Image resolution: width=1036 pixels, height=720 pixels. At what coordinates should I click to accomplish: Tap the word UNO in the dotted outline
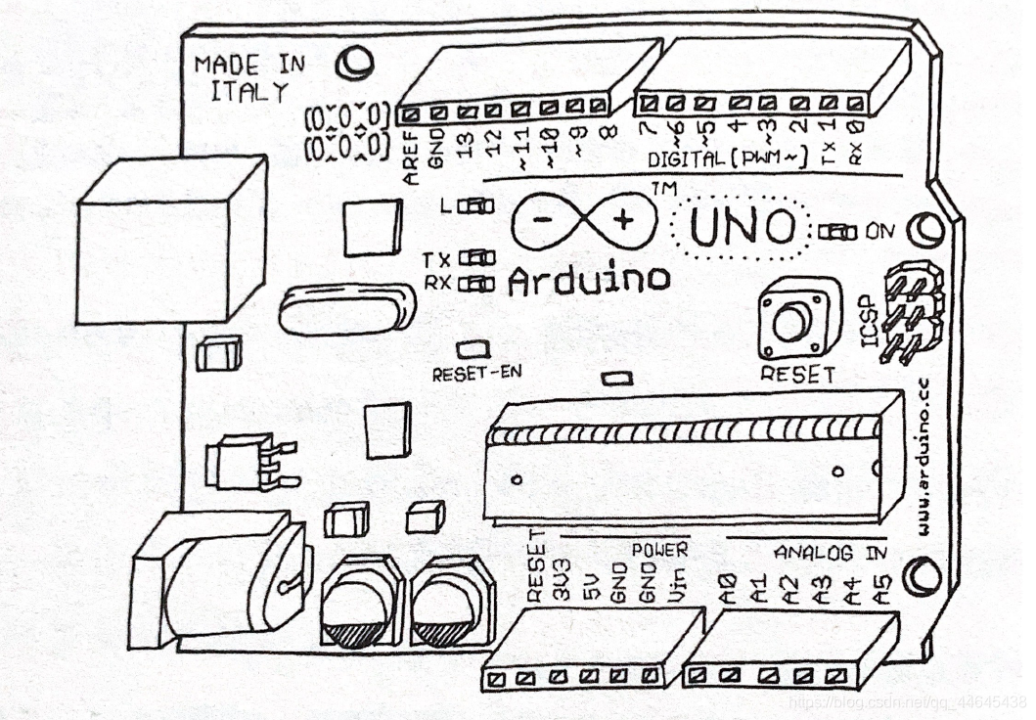(x=743, y=227)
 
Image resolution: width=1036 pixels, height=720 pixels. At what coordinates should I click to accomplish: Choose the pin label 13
(x=467, y=146)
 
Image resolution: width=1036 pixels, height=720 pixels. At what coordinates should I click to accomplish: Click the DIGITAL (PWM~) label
(x=727, y=158)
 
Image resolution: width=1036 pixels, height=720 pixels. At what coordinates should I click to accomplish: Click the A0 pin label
(x=728, y=590)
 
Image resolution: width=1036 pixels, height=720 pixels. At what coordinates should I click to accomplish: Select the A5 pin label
(x=883, y=590)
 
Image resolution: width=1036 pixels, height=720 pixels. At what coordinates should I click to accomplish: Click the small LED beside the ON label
(x=837, y=232)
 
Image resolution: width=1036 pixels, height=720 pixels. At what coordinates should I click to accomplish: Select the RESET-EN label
(x=476, y=373)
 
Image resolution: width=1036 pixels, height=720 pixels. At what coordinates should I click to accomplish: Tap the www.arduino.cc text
(x=924, y=460)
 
